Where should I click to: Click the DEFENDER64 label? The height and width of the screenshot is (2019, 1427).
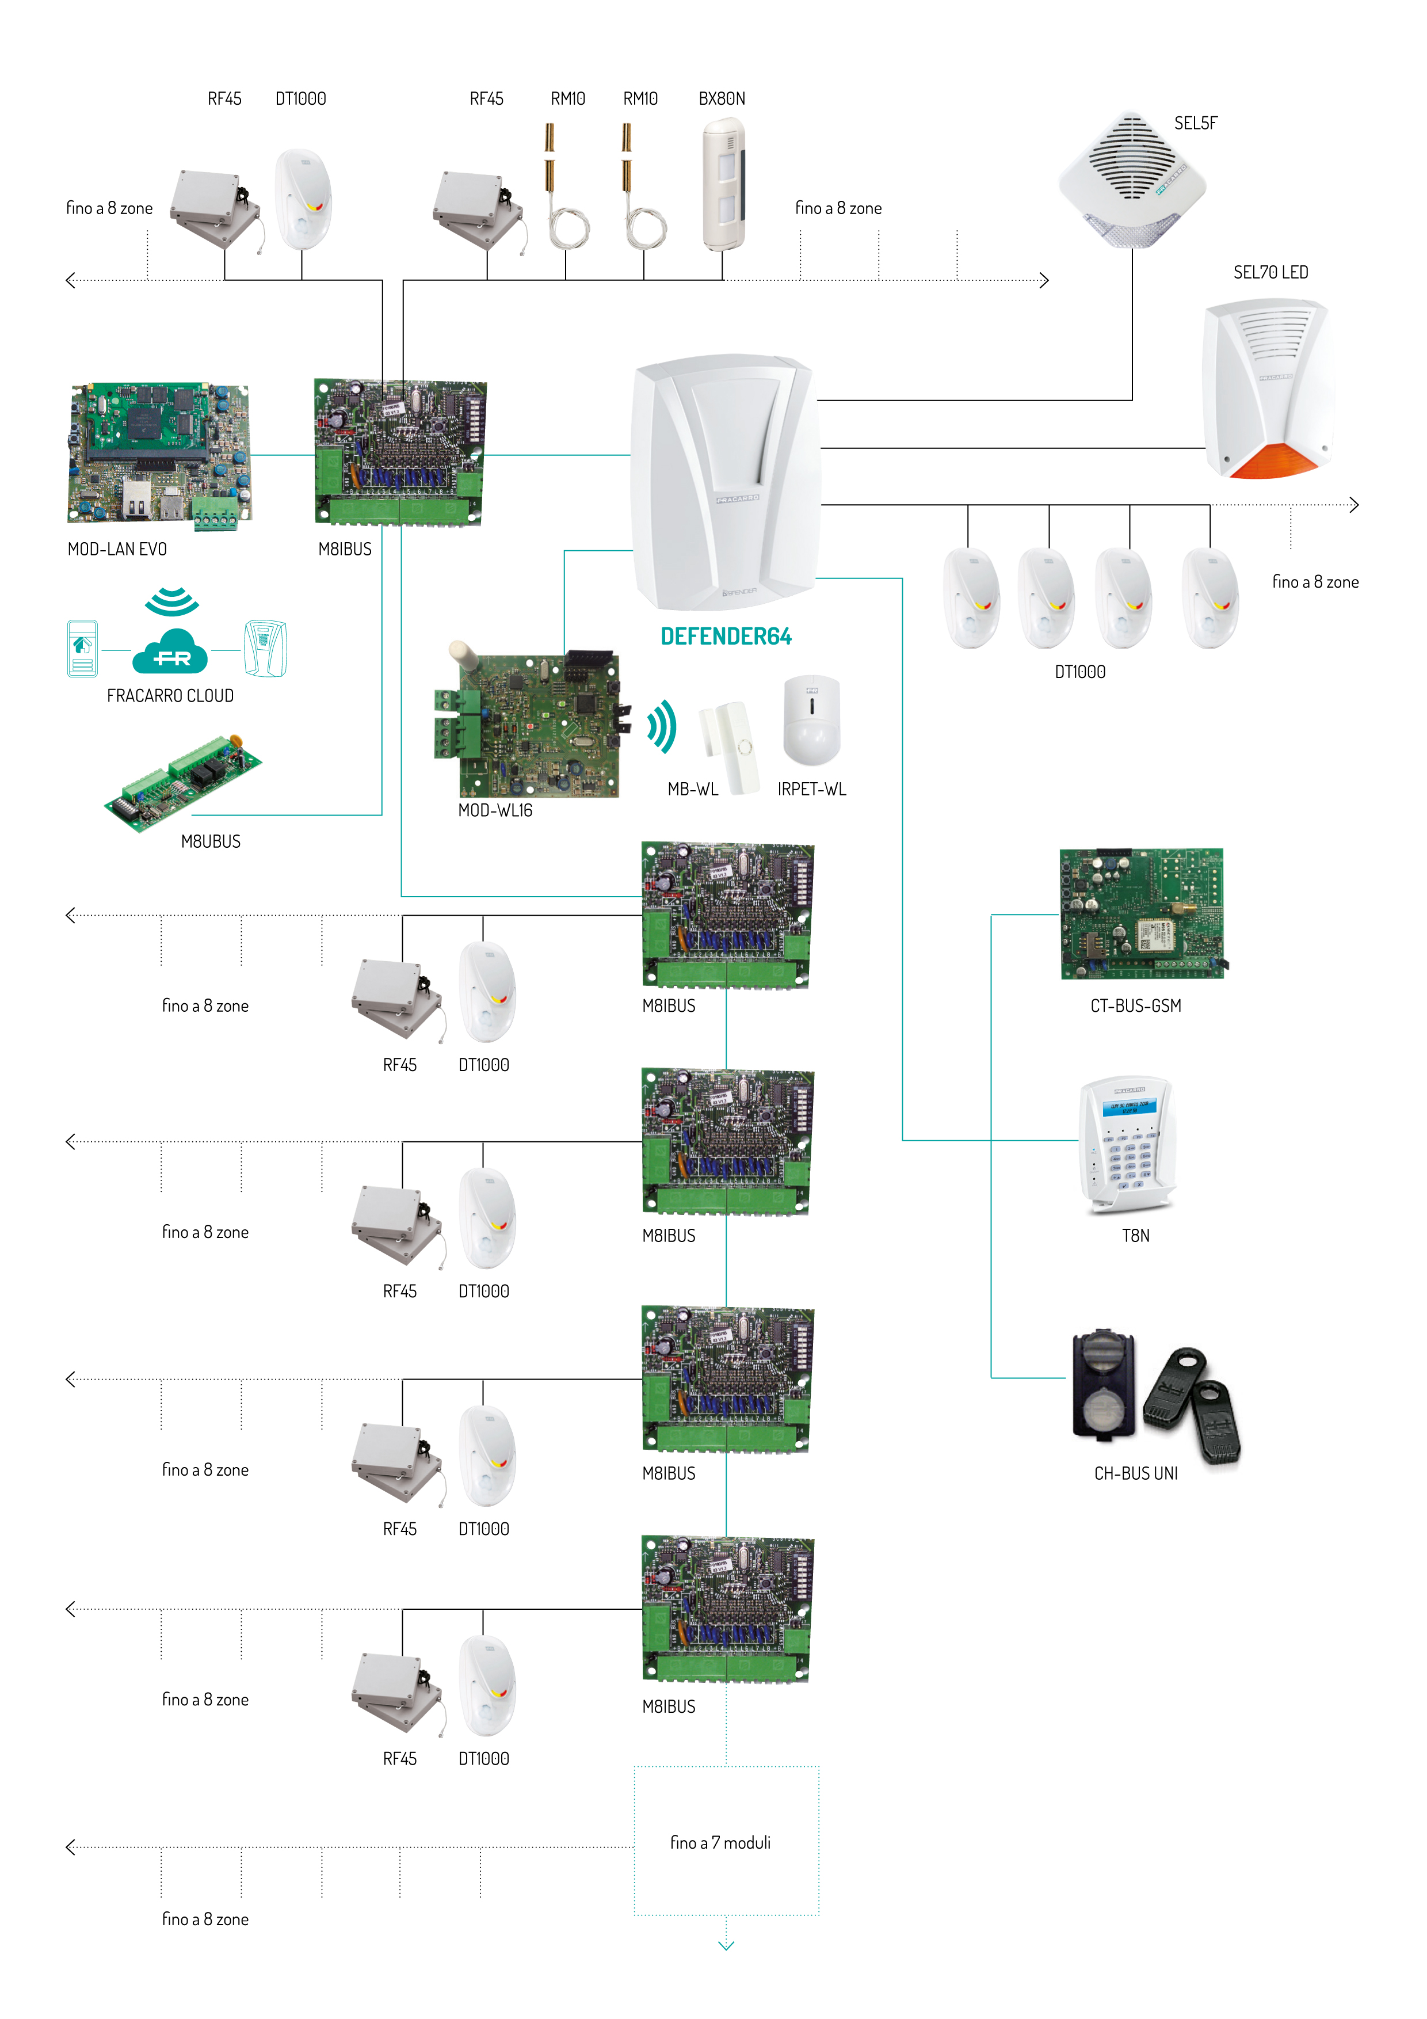click(726, 637)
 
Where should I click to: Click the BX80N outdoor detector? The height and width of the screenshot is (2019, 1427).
click(724, 185)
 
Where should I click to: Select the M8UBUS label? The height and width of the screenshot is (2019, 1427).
click(210, 841)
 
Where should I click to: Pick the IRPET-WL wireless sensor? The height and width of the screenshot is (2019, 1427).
click(811, 721)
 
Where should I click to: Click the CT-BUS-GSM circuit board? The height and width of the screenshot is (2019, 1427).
click(1141, 913)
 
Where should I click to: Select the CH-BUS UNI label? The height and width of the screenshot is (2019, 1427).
click(1135, 1474)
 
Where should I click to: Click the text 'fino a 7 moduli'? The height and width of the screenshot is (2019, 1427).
click(720, 1842)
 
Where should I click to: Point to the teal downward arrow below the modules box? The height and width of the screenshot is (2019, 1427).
click(726, 1946)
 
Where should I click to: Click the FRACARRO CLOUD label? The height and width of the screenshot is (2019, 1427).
click(170, 696)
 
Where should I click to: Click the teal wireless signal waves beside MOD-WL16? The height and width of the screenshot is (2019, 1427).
click(663, 726)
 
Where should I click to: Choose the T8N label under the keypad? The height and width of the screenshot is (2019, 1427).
click(1135, 1236)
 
